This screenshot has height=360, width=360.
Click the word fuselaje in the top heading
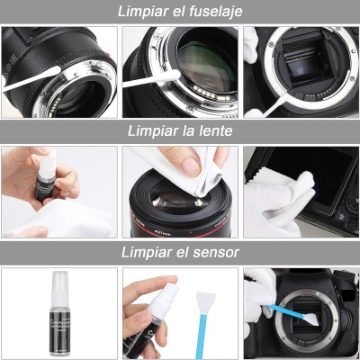[x=212, y=11]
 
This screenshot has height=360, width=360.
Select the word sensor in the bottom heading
[x=216, y=250]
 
